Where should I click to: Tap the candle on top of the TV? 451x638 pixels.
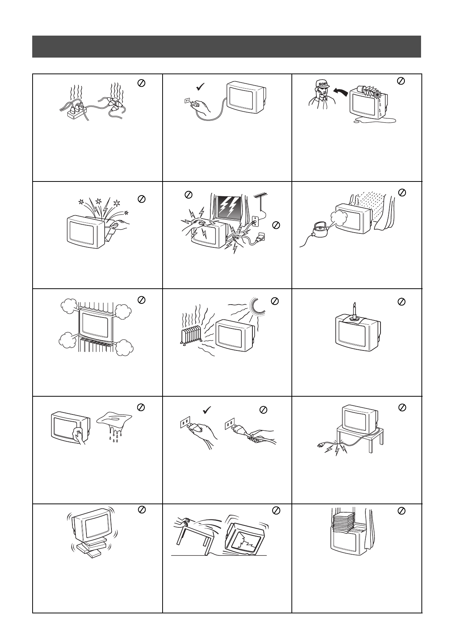click(x=354, y=312)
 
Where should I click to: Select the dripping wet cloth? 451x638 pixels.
click(x=114, y=426)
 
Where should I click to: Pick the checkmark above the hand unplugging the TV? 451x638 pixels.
click(x=200, y=87)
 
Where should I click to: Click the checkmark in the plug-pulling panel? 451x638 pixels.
click(x=207, y=410)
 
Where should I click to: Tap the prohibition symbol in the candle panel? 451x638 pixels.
click(x=401, y=302)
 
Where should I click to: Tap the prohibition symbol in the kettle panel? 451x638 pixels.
click(x=402, y=193)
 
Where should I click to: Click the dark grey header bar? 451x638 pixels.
click(x=227, y=47)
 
